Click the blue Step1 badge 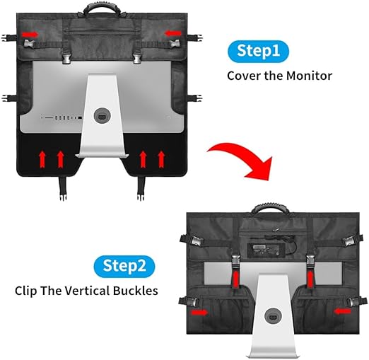click(x=258, y=51)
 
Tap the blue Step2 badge click(x=124, y=267)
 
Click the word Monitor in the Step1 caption click(x=309, y=76)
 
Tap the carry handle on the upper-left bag click(x=102, y=8)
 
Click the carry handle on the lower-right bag click(x=270, y=208)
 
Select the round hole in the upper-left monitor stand click(x=102, y=115)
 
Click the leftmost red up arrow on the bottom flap click(x=42, y=160)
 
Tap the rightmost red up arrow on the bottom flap click(x=161, y=160)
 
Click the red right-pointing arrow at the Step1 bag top click(x=30, y=35)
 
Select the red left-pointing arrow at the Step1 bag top click(x=173, y=33)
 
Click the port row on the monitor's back click(x=62, y=117)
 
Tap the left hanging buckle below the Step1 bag click(x=62, y=189)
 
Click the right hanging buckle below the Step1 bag click(x=141, y=189)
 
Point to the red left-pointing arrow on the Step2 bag click(x=342, y=311)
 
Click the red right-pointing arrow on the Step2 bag click(x=199, y=313)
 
